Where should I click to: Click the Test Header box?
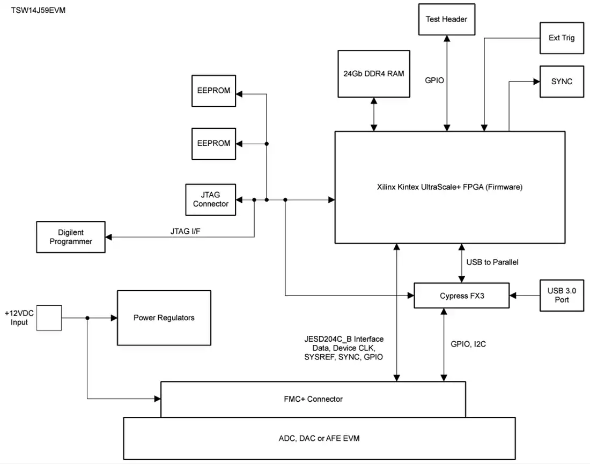447,19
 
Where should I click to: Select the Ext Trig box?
562,38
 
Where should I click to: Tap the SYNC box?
562,82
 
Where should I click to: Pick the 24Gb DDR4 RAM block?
374,74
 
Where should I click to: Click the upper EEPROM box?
213,91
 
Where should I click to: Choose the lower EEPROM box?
213,144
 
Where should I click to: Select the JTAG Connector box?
211,200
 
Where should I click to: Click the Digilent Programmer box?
71,237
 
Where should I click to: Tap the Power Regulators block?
164,318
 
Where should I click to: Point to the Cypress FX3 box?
462,296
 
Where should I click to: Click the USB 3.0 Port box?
562,296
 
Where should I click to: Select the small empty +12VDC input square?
49,318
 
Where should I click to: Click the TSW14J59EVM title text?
38,10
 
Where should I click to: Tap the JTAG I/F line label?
185,231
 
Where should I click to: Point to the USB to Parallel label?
492,262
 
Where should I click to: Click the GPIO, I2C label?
468,344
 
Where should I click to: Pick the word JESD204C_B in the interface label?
328,339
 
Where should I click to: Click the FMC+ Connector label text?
313,399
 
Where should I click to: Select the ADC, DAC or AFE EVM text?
319,438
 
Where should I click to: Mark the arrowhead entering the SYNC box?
536,82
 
